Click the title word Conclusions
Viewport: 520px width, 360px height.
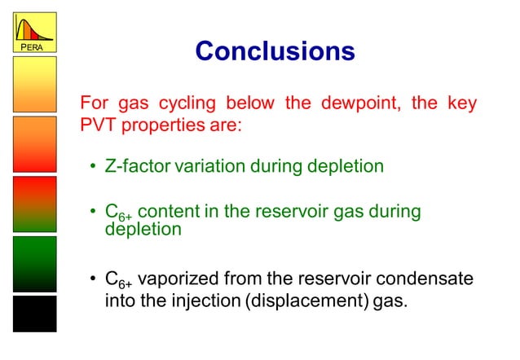(x=275, y=51)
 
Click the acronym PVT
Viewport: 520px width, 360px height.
(x=97, y=128)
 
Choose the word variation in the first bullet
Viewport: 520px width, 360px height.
(x=207, y=167)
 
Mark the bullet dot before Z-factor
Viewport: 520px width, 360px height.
(x=94, y=168)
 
